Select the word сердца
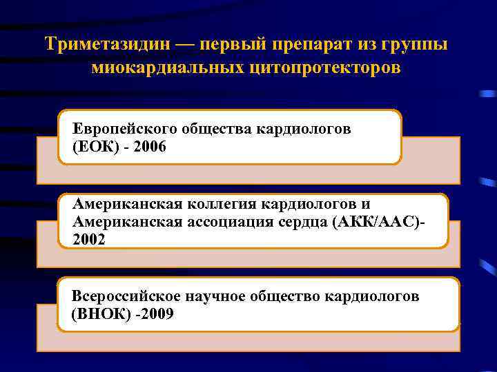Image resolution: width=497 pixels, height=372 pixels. pos(306,222)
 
